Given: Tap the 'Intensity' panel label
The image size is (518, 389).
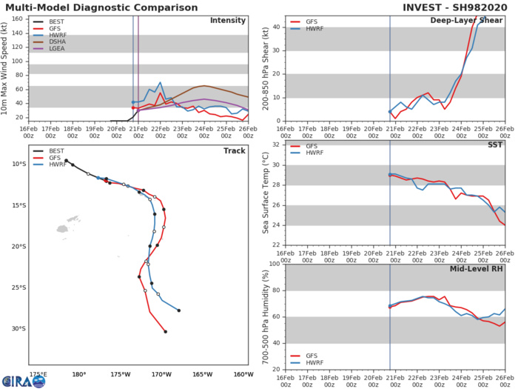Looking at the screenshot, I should click(228, 20).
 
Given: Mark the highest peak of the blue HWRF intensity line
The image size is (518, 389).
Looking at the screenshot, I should click(160, 83).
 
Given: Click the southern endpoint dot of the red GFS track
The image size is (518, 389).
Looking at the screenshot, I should click(165, 332).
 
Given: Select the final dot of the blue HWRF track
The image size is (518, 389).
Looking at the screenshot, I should click(179, 310).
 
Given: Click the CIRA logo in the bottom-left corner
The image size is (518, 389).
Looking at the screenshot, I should click(24, 381).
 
